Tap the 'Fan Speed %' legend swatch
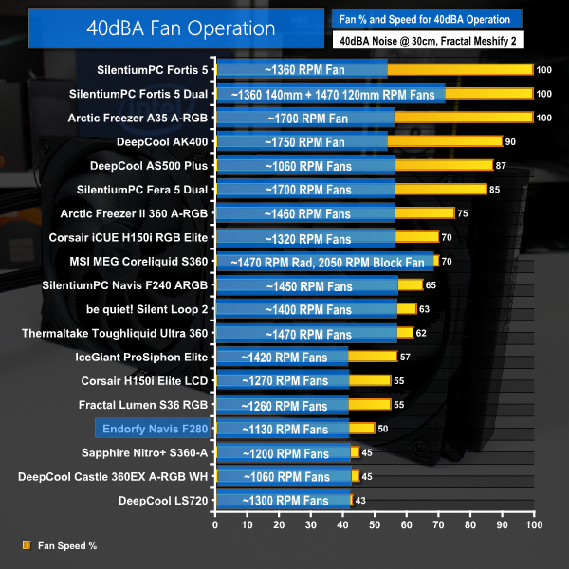coord(26,545)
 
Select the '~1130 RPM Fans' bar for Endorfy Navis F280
coord(282,429)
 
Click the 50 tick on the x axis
coord(375,524)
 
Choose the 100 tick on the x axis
coord(533,524)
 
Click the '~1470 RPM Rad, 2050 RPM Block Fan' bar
coord(325,261)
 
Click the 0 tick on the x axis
coord(215,524)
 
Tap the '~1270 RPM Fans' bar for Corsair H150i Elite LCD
coord(282,380)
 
